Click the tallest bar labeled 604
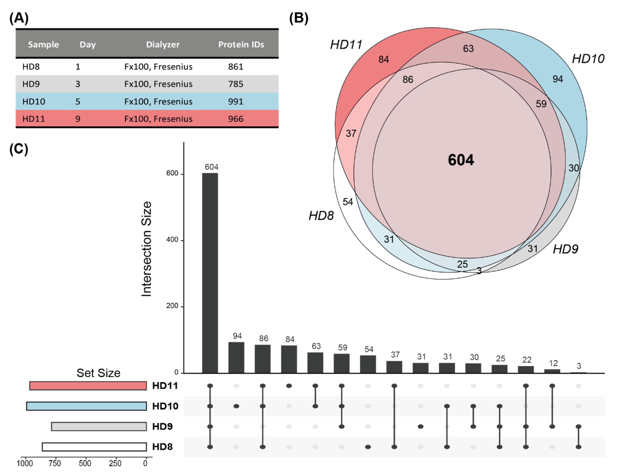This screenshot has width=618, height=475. [x=210, y=273]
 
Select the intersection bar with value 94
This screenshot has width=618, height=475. [x=236, y=358]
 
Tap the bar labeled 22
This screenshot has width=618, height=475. [x=526, y=370]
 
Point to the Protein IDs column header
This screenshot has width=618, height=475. [x=241, y=44]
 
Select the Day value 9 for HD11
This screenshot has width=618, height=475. [x=78, y=119]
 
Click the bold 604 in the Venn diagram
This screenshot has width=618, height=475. [x=461, y=160]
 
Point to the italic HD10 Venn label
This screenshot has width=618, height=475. [x=588, y=59]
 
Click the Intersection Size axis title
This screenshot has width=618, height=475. [x=147, y=249]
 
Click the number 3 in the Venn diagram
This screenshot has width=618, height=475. [x=479, y=271]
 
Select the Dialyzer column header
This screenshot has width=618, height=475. [x=163, y=44]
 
